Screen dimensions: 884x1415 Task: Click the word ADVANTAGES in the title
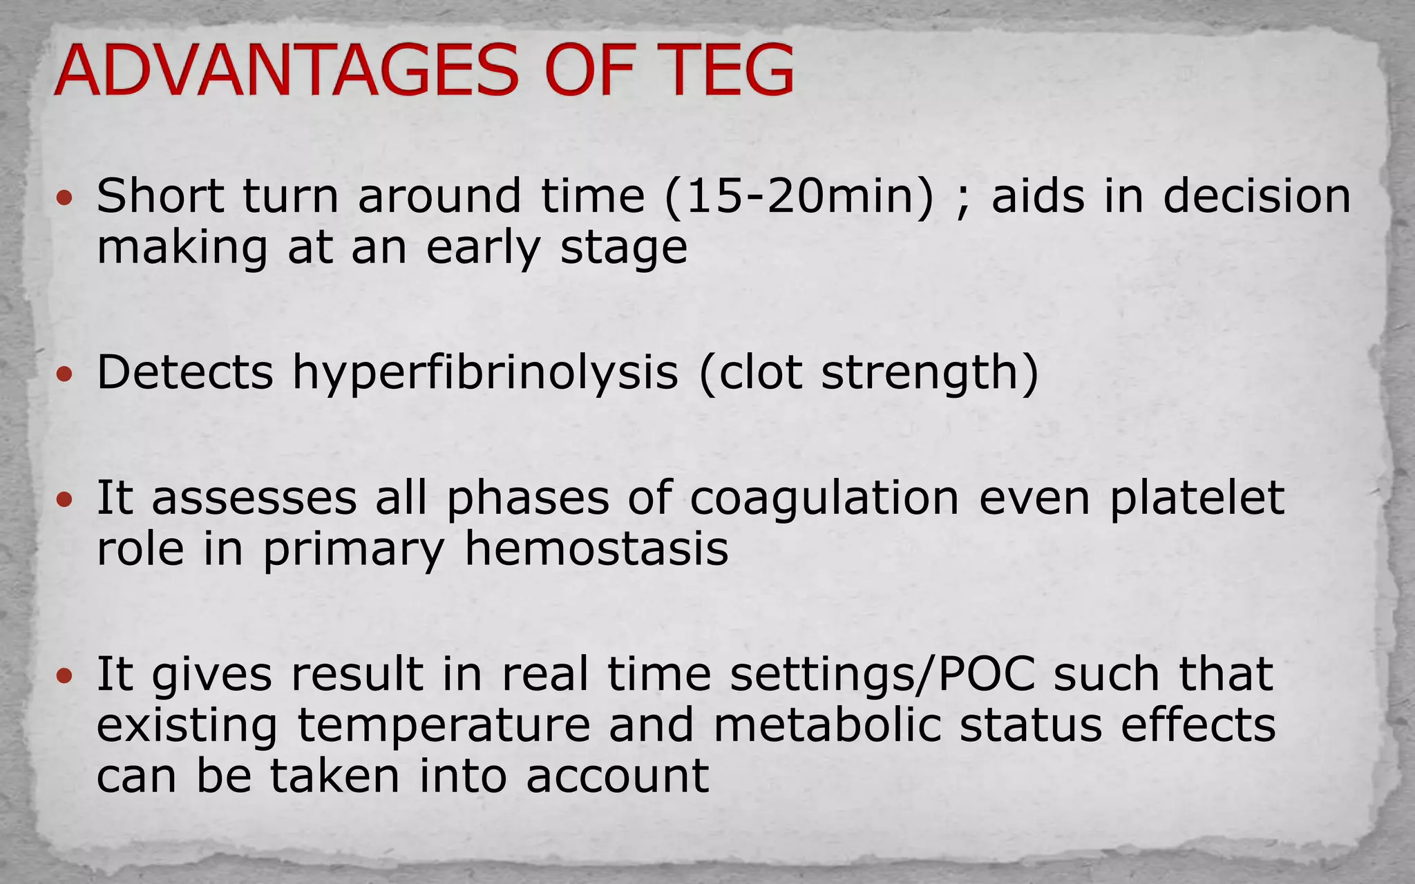(x=287, y=71)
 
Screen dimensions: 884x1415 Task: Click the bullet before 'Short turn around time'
(x=64, y=200)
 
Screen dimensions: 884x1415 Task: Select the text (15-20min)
(x=799, y=197)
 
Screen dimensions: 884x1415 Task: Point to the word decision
(x=1257, y=197)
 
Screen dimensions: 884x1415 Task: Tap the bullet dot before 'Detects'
(x=64, y=375)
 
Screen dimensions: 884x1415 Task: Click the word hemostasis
(x=596, y=550)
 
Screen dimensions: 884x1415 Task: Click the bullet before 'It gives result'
(x=64, y=675)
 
